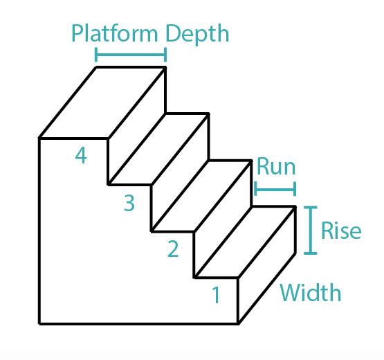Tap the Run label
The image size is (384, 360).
coord(275,167)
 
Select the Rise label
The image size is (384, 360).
coord(341,230)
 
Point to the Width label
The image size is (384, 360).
coord(311,293)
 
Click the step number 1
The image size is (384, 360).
coord(216,296)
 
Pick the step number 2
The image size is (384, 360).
coord(173,248)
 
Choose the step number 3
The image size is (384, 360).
coord(129,203)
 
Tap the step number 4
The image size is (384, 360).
coord(81,156)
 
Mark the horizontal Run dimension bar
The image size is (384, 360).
coord(275,188)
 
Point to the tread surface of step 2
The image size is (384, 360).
coord(201,196)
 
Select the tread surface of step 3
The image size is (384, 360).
coord(158,150)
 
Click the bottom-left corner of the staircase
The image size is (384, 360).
coord(39,323)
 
